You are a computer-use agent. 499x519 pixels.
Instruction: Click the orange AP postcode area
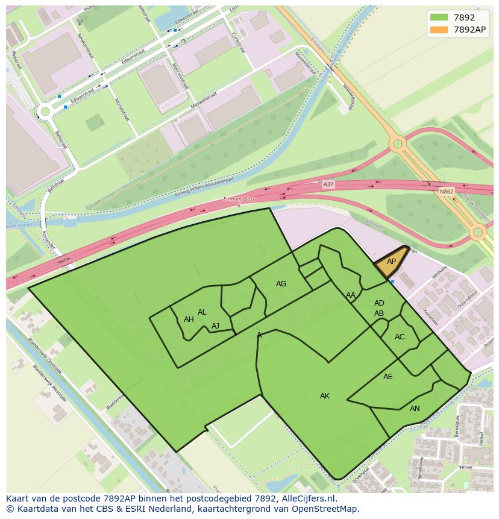click(x=391, y=262)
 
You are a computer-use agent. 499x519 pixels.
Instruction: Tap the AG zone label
click(x=281, y=284)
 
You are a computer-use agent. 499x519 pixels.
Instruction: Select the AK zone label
click(x=325, y=396)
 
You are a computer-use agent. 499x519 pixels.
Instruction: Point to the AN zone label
click(x=415, y=409)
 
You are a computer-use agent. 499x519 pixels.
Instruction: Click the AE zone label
click(x=388, y=377)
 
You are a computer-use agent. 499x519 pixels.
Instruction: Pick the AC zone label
click(x=400, y=337)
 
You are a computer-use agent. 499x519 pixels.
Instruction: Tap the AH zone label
click(x=189, y=319)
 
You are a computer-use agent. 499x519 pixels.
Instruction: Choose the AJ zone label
click(x=215, y=326)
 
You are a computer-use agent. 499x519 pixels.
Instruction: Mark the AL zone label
click(x=202, y=312)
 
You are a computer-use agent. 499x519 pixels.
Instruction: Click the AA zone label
click(x=351, y=295)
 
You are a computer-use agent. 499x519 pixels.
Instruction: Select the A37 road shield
click(x=328, y=184)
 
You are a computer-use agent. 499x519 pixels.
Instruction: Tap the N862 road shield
click(x=446, y=192)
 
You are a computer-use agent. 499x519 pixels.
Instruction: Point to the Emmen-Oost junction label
click(x=238, y=201)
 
